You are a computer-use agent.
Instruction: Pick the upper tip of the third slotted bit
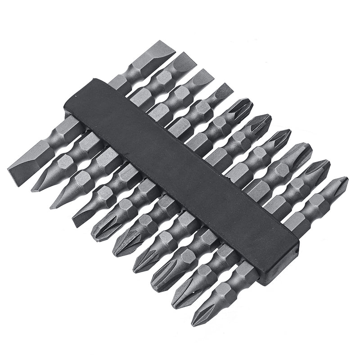tap(205, 74)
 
